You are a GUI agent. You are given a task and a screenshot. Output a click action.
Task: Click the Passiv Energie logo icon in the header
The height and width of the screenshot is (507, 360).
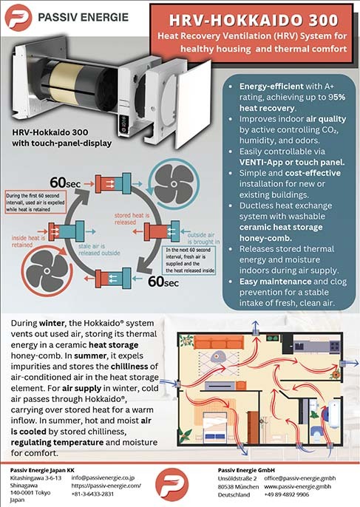(x=18, y=18)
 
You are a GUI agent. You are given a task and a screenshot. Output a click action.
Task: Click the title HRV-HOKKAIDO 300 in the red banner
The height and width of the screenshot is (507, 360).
(x=254, y=21)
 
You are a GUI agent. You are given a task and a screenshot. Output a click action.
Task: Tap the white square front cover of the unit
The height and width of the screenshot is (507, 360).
(x=194, y=103)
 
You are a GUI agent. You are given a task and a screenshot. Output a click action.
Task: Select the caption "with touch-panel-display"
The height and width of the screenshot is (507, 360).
(x=62, y=143)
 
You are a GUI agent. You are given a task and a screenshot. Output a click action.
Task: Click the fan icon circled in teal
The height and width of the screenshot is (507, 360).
(x=174, y=184)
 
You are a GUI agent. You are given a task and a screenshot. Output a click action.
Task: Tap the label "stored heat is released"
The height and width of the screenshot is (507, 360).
(x=132, y=219)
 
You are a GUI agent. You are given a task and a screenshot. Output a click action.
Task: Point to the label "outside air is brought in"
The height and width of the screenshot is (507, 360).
(x=203, y=238)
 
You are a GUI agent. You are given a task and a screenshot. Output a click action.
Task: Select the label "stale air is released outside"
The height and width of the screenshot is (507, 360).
(x=99, y=250)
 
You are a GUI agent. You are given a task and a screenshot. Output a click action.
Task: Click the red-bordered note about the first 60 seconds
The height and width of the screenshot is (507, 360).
(x=36, y=202)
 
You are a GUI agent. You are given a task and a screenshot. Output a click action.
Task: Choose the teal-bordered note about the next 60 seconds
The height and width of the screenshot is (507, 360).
(x=189, y=260)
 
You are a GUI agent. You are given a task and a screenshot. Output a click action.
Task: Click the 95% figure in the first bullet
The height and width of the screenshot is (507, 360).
(x=336, y=97)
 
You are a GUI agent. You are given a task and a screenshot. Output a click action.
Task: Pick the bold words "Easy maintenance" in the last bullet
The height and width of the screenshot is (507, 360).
(x=275, y=282)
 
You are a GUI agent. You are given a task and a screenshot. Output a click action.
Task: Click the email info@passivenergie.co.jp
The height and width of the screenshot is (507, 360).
(x=103, y=477)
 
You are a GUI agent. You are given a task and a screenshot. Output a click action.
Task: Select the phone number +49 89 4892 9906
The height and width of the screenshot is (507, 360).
(x=287, y=494)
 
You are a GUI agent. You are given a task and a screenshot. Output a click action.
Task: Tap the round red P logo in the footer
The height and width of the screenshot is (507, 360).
(x=171, y=484)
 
